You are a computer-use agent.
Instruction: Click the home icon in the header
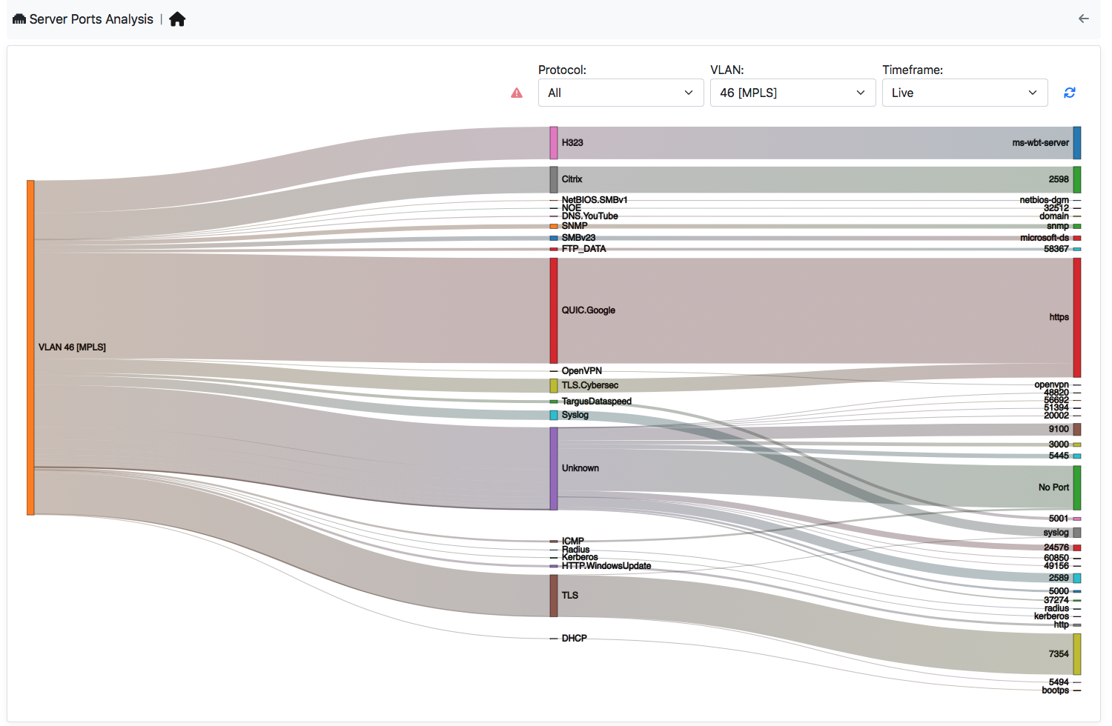[177, 19]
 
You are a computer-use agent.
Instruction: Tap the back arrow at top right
[1083, 19]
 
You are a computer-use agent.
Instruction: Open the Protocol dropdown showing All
[620, 93]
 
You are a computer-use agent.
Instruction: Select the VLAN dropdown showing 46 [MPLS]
[792, 93]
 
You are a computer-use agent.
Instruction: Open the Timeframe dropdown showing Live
[964, 93]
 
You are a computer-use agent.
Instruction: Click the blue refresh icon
[1069, 93]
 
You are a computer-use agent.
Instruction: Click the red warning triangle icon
[517, 93]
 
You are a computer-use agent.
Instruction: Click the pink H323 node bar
[554, 143]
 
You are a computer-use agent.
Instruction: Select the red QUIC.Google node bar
[554, 310]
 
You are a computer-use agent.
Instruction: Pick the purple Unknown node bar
[554, 468]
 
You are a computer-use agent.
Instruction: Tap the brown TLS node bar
[554, 596]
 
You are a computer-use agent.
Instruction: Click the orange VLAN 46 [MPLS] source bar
[30, 347]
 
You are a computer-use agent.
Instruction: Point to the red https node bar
[1077, 317]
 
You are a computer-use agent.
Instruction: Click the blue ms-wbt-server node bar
[1077, 143]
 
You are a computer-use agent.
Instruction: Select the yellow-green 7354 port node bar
[1077, 654]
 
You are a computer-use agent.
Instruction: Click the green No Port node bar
[1077, 487]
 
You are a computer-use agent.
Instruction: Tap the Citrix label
[572, 179]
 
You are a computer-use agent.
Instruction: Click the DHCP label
[574, 638]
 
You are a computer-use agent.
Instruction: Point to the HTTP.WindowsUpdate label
[606, 566]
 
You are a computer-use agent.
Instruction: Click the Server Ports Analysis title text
[91, 19]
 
